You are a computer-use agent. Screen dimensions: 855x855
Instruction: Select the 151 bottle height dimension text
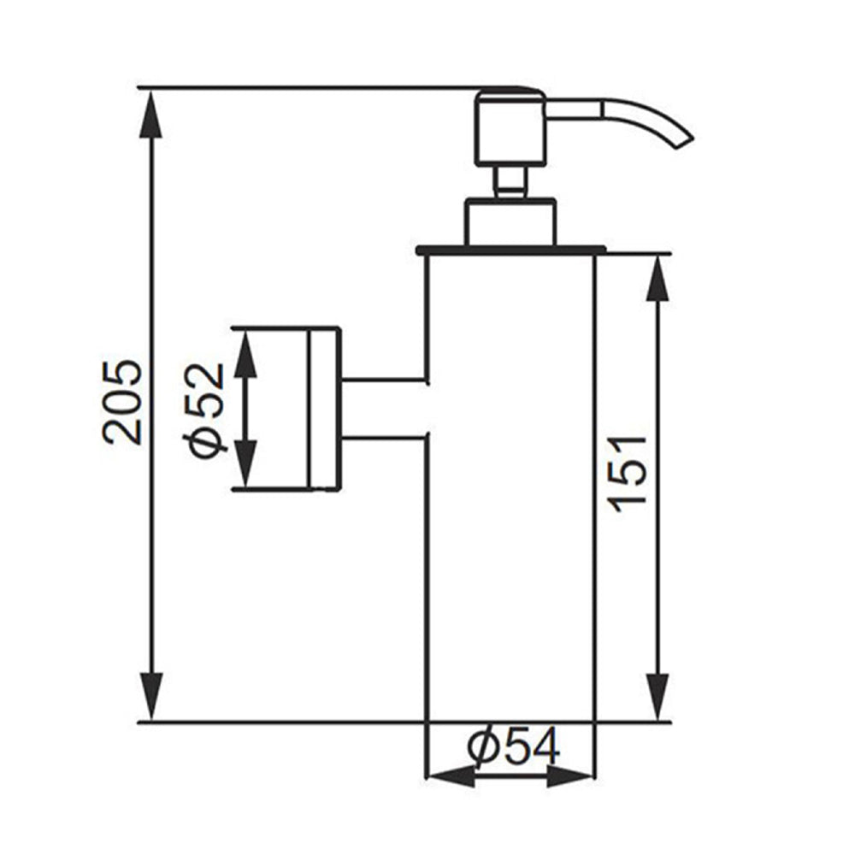pyautogui.click(x=630, y=474)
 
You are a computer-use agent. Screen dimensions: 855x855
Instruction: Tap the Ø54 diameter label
pyautogui.click(x=514, y=748)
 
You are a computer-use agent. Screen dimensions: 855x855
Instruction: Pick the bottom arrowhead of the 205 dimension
pyautogui.click(x=151, y=697)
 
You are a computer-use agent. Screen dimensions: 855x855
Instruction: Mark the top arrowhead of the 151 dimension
pyautogui.click(x=657, y=278)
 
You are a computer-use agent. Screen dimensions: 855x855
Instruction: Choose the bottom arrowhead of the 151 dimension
pyautogui.click(x=657, y=697)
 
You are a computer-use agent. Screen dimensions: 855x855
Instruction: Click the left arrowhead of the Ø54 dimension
pyautogui.click(x=449, y=776)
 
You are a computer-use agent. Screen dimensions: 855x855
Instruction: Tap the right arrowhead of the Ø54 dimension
pyautogui.click(x=570, y=776)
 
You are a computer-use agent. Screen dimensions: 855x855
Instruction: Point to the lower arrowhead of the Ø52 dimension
pyautogui.click(x=245, y=466)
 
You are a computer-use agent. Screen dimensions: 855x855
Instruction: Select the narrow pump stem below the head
pyautogui.click(x=510, y=182)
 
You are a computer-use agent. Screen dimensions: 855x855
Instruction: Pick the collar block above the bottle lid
pyautogui.click(x=510, y=221)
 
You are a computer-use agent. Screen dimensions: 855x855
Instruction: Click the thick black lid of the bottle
pyautogui.click(x=510, y=251)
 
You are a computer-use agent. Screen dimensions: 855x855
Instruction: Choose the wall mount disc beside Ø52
pyautogui.click(x=324, y=409)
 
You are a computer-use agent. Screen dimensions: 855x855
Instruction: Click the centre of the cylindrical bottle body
pyautogui.click(x=510, y=487)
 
